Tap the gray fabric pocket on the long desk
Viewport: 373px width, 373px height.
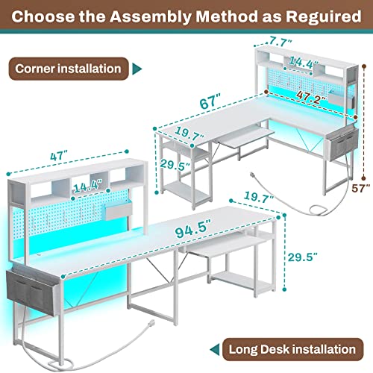point(28,289)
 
